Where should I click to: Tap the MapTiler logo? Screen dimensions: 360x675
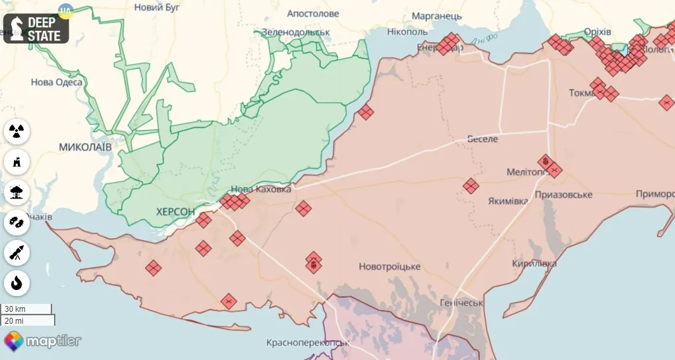43,341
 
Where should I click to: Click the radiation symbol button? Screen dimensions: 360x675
16,131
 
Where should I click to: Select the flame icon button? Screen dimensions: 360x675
16,283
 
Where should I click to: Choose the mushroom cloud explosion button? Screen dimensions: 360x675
16,192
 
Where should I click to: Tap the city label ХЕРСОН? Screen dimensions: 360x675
175,212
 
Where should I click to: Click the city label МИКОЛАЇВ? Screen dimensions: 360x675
85,146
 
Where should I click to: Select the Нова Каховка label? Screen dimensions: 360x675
260,189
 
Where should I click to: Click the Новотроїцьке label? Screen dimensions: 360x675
390,266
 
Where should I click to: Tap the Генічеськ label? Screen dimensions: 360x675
461,303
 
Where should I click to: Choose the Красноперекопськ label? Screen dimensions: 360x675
308,343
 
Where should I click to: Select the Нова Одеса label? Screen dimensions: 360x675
57,82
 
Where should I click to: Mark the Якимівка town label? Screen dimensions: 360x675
508,201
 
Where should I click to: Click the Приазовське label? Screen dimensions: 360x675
564,195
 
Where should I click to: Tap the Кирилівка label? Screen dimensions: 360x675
535,263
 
